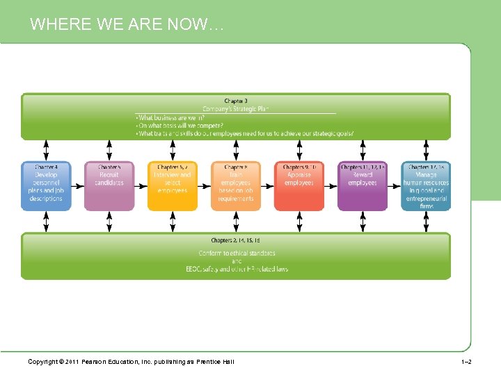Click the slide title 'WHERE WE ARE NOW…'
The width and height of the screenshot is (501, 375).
pos(127,25)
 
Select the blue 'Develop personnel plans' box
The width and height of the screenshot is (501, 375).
pos(46,185)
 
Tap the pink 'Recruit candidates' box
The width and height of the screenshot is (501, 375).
pos(109,185)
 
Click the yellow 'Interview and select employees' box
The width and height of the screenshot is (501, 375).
pos(173,185)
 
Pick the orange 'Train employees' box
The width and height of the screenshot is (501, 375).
pos(236,185)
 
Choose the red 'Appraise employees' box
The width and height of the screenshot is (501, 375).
pos(299,185)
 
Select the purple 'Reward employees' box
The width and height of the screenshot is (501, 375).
pos(363,185)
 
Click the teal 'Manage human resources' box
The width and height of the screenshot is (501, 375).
pos(426,185)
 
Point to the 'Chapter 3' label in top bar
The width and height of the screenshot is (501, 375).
pos(235,101)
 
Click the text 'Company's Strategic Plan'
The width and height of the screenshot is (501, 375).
pos(235,109)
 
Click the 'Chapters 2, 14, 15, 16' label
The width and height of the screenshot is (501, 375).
pos(235,240)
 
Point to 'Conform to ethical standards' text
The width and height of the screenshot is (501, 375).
pos(237,253)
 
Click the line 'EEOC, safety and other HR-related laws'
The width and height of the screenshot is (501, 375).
pos(237,269)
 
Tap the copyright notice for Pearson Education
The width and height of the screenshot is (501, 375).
pos(131,362)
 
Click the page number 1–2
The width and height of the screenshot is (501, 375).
pos(466,362)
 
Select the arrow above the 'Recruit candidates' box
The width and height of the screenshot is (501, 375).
pos(109,150)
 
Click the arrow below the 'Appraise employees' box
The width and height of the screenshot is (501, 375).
pos(299,221)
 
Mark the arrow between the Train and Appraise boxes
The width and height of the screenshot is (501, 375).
pos(267,185)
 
